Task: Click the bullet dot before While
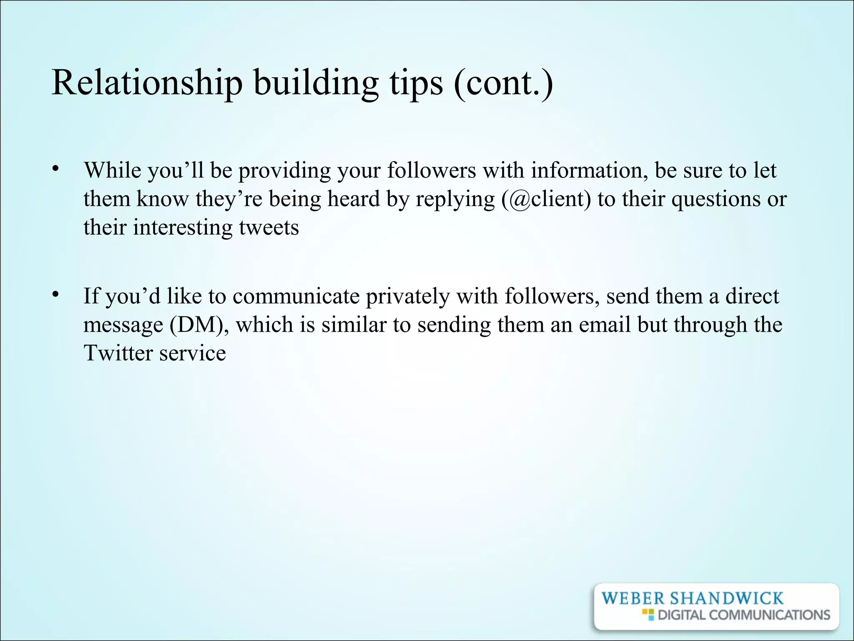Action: (54, 169)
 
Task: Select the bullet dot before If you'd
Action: (54, 295)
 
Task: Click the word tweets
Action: (269, 227)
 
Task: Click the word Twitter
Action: (118, 353)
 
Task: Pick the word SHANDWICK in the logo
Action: (726, 598)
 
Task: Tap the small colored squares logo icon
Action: (648, 614)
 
